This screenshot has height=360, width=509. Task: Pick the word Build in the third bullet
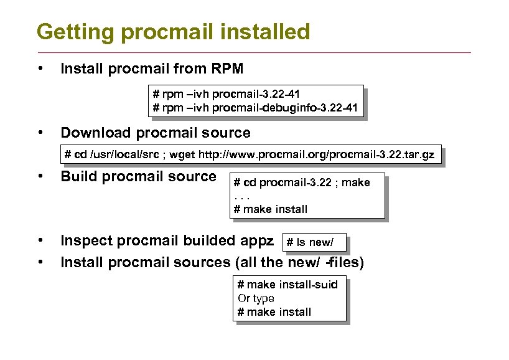coord(78,176)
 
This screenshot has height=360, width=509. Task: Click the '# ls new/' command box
coord(314,243)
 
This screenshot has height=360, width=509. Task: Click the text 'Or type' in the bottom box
coord(256,298)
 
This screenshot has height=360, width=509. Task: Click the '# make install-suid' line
coord(287,285)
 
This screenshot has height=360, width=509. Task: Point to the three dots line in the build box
coord(241,196)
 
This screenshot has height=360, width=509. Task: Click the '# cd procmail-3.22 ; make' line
coord(301,182)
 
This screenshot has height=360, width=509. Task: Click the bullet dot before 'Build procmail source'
coord(40,176)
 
